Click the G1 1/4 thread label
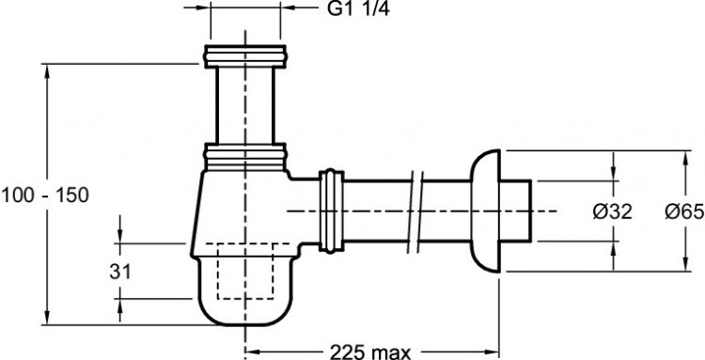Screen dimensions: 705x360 [x=358, y=9]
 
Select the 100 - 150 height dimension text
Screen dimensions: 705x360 [x=45, y=196]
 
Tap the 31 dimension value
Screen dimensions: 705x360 [x=120, y=272]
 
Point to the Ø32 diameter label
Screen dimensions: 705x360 [x=612, y=211]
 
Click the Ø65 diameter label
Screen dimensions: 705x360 [x=684, y=211]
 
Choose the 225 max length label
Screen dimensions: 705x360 [x=370, y=352]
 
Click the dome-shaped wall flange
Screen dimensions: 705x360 [x=485, y=211]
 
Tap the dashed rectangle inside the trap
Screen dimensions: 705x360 [x=245, y=271]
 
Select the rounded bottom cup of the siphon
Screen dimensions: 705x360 [x=245, y=291]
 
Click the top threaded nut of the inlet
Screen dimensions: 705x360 [x=245, y=56]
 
